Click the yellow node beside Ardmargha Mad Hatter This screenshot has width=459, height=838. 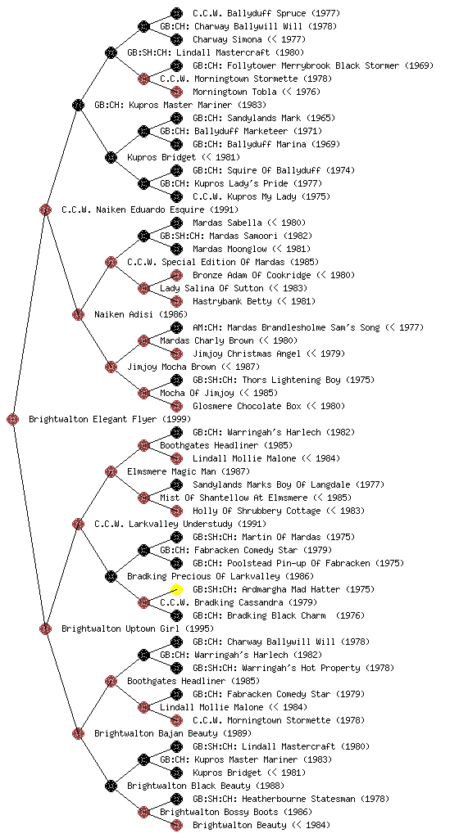(x=176, y=589)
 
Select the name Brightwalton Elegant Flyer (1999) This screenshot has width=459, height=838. (x=110, y=419)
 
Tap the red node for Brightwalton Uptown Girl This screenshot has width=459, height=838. (x=45, y=628)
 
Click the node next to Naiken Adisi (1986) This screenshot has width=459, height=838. (x=78, y=314)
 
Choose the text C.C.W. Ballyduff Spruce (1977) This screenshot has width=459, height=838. (x=266, y=13)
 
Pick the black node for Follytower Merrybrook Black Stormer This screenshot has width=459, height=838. (x=176, y=65)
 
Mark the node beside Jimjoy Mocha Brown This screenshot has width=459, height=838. (x=111, y=367)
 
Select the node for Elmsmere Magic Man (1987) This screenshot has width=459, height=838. (x=111, y=471)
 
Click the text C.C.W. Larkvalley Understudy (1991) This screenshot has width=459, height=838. (x=180, y=524)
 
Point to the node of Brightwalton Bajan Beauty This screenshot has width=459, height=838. (x=78, y=733)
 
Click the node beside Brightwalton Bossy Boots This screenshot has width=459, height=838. (x=143, y=812)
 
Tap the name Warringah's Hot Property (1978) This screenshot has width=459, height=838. (x=318, y=668)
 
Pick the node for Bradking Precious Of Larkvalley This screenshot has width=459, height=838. (x=111, y=576)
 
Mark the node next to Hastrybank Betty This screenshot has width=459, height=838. (x=176, y=301)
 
